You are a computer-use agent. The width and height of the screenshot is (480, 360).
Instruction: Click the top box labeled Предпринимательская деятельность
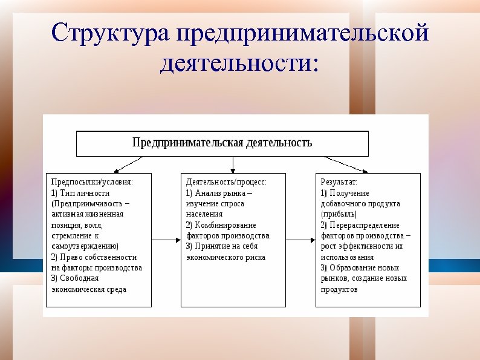point(222,143)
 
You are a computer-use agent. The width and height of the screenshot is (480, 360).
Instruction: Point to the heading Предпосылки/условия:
point(92,182)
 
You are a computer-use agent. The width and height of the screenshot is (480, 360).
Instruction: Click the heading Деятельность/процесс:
point(226,182)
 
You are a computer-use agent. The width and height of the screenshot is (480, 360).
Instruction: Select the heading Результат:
point(339,182)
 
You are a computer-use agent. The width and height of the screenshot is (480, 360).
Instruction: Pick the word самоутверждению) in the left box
point(85,246)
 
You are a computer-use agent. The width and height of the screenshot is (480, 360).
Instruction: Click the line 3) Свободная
point(76,278)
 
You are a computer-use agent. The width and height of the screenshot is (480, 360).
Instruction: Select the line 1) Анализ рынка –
point(219,193)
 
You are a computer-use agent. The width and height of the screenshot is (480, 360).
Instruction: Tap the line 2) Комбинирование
point(221,225)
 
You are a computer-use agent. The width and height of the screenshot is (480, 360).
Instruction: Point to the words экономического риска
point(225,257)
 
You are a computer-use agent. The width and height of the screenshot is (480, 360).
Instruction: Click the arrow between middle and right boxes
point(300,240)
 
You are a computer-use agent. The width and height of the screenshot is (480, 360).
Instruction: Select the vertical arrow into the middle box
point(233,165)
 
